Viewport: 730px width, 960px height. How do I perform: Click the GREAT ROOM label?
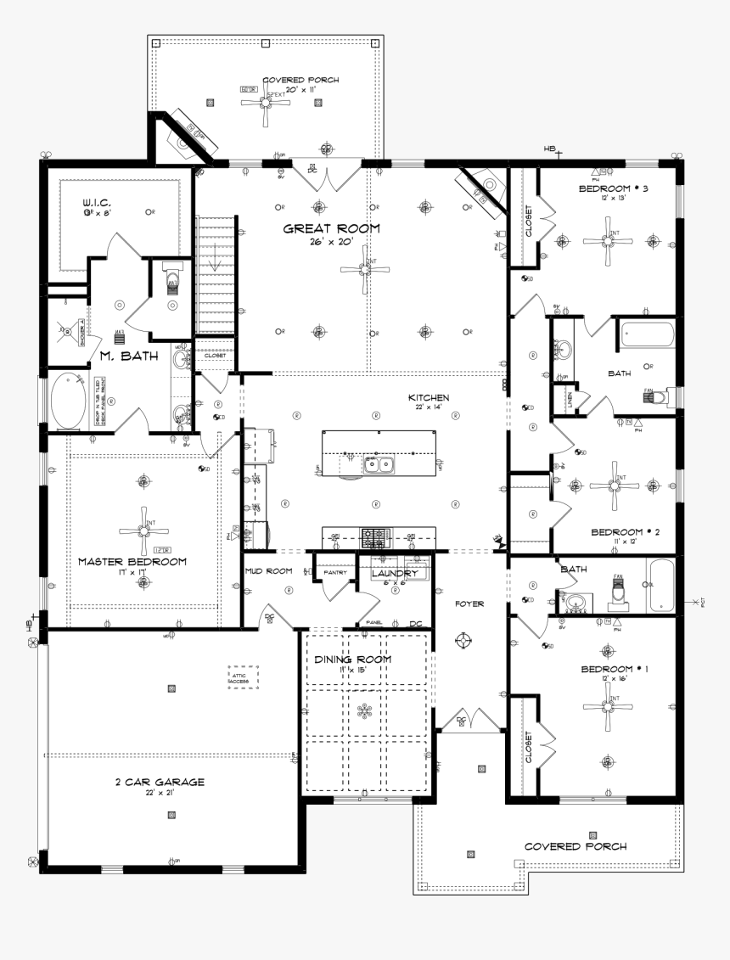[x=331, y=228]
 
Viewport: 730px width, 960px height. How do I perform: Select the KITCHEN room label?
[x=429, y=397]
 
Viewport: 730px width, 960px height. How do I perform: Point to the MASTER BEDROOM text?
[x=132, y=561]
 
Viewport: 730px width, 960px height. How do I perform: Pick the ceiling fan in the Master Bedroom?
[x=143, y=531]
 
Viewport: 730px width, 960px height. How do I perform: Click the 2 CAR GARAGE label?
[x=160, y=782]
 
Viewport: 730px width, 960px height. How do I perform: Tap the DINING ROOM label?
[x=352, y=660]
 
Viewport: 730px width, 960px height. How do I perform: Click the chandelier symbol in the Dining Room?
[x=365, y=711]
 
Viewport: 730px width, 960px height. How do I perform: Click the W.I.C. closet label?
[x=97, y=204]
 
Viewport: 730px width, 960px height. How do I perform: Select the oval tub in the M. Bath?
[x=65, y=401]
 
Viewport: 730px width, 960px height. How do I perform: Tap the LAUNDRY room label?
[x=395, y=574]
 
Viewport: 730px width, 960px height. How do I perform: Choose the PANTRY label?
[x=334, y=573]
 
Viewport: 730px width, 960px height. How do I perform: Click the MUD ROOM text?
[x=268, y=571]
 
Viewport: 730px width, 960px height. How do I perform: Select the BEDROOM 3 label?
[x=613, y=188]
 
